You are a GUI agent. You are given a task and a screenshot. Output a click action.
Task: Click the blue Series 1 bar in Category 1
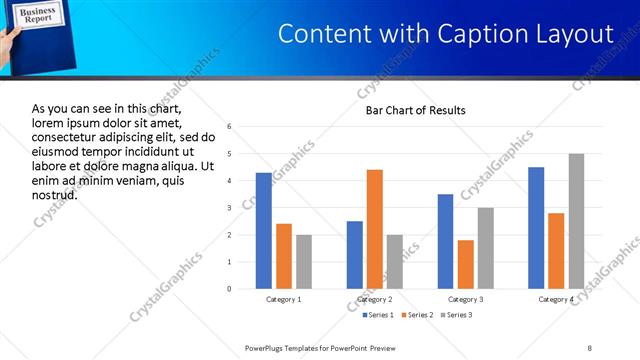[263, 231]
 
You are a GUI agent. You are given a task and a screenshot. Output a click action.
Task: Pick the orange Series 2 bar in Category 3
[465, 264]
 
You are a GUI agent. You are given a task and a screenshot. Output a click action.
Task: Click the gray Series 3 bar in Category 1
[304, 262]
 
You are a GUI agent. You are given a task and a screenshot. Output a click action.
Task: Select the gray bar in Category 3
[486, 248]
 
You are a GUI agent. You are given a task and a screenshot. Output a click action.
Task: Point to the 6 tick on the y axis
[230, 127]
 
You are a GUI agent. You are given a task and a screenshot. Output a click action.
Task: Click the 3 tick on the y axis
[230, 208]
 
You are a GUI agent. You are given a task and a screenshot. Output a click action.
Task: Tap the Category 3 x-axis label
[465, 299]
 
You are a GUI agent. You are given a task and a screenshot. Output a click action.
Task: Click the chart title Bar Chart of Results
[414, 110]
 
